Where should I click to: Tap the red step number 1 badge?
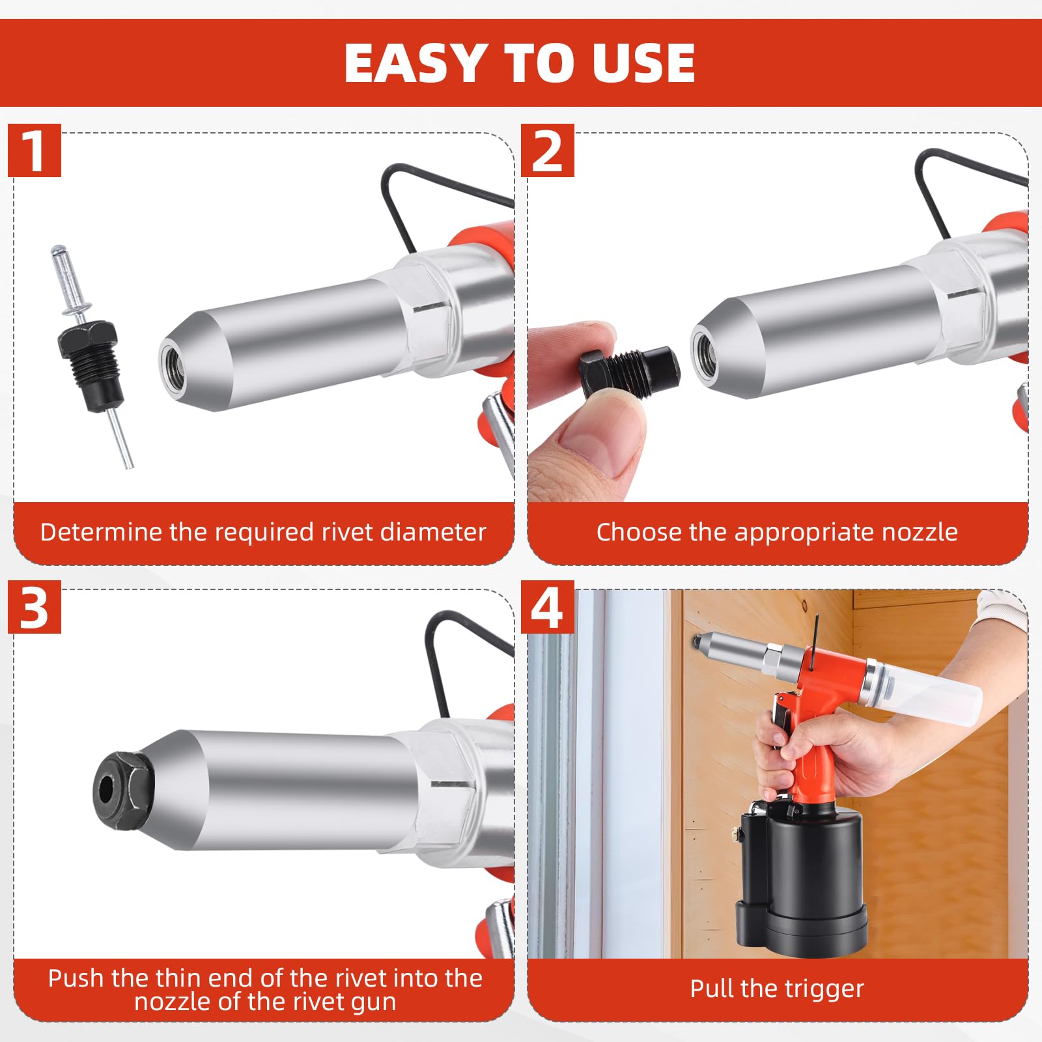click(34, 150)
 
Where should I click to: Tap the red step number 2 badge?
click(547, 150)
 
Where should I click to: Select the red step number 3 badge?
click(34, 607)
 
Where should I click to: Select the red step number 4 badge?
click(547, 607)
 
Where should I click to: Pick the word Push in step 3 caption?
click(76, 978)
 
